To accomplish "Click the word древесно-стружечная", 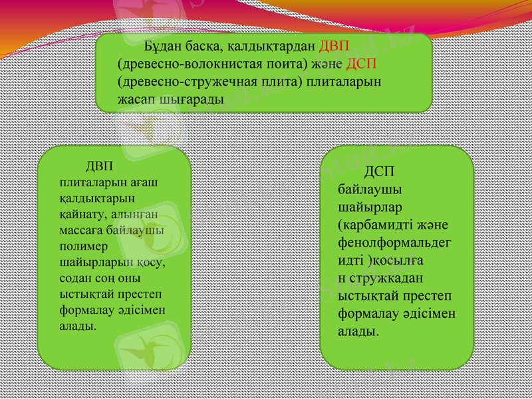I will tap(178, 82).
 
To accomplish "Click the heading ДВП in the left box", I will tap(100, 166).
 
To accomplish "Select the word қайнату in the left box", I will tap(80, 213).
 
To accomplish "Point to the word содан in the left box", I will tap(74, 277).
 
